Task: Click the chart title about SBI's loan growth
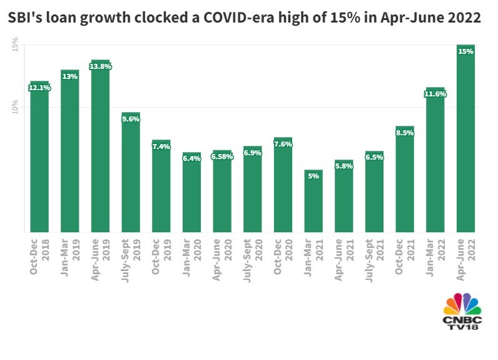point(245,18)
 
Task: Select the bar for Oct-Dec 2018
point(39,163)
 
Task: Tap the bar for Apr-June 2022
point(465,144)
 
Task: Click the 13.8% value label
point(100,66)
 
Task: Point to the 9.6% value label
point(131,119)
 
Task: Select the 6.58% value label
point(222,157)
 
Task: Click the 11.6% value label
point(435,94)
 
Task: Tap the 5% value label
point(313,176)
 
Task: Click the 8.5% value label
point(405,133)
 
